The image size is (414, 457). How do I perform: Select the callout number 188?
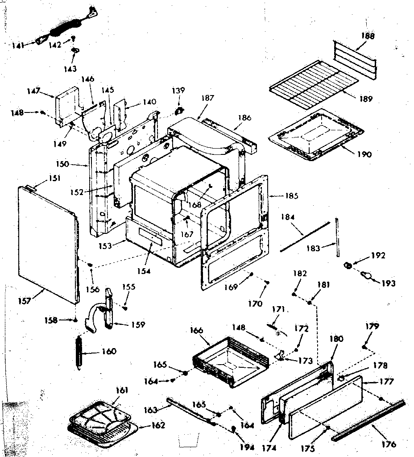(368, 35)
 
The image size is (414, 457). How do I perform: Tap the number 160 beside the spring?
(108, 352)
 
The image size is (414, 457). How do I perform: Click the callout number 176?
(389, 445)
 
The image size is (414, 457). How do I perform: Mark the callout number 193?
(389, 283)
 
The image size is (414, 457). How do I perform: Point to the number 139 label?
(178, 91)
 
